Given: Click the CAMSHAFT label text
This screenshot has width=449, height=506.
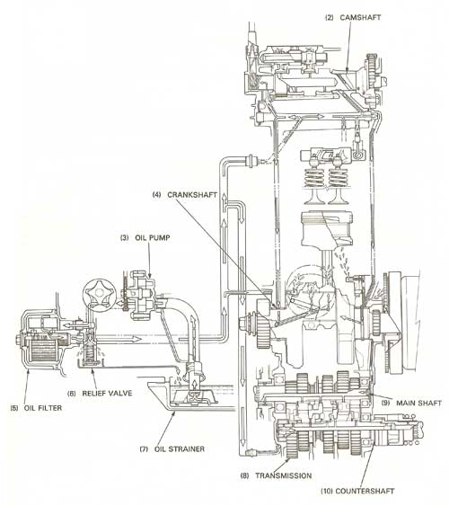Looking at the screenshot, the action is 360,17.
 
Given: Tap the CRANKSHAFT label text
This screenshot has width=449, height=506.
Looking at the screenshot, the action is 192,195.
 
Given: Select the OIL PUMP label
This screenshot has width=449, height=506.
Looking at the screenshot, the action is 153,238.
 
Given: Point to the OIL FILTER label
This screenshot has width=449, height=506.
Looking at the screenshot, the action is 43,408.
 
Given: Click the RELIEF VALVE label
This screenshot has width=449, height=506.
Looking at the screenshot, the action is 108,393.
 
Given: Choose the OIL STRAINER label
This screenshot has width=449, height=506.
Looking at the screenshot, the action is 180,448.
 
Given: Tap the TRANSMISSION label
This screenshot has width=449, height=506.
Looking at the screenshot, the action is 284,475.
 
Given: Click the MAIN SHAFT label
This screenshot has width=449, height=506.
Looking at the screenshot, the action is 418,403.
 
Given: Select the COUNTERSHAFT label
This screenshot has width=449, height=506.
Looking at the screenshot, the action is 365,491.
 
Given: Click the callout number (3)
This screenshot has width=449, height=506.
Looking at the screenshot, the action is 125,238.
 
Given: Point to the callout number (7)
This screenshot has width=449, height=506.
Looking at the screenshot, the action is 144,448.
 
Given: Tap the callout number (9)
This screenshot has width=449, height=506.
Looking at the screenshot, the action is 385,403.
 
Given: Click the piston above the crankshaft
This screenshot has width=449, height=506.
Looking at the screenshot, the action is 327,229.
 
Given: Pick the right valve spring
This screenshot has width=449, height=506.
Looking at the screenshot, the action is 338,177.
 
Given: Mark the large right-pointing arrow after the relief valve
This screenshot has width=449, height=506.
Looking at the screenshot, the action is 119,339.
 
